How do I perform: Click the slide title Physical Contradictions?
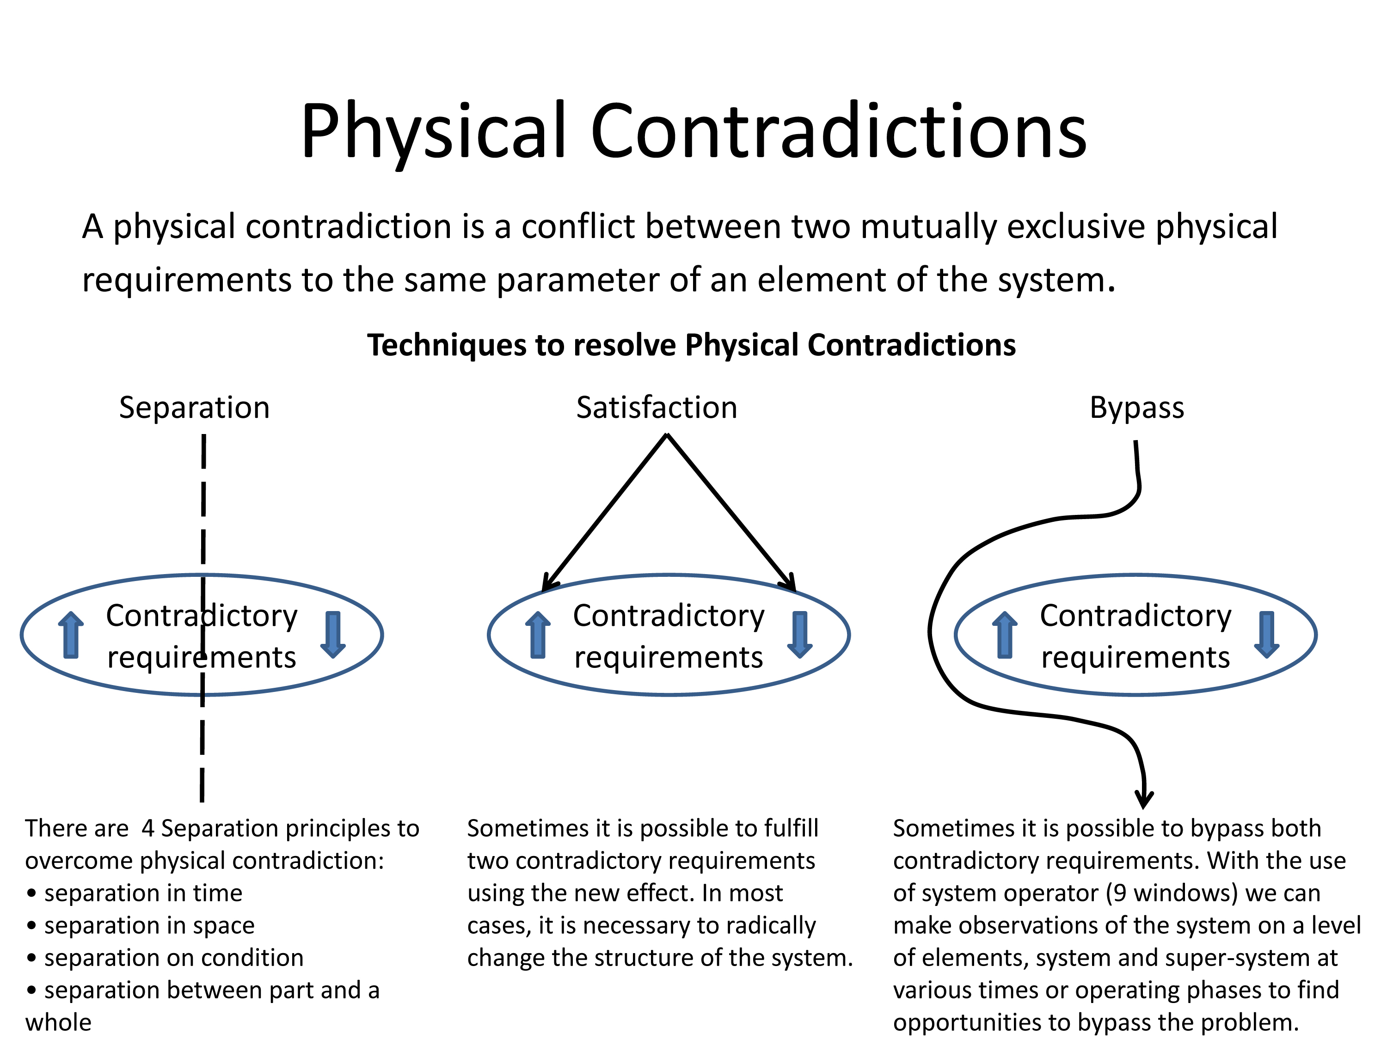point(693,132)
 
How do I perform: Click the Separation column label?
point(194,408)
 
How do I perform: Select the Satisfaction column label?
point(657,408)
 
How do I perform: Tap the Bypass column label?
point(1136,408)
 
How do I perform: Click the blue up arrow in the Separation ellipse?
point(71,635)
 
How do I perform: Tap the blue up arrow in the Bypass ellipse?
point(1005,635)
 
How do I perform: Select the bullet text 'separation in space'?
point(149,925)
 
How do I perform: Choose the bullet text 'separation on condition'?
point(174,958)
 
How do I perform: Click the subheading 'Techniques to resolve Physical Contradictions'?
point(691,345)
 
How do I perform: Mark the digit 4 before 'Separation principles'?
point(148,829)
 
